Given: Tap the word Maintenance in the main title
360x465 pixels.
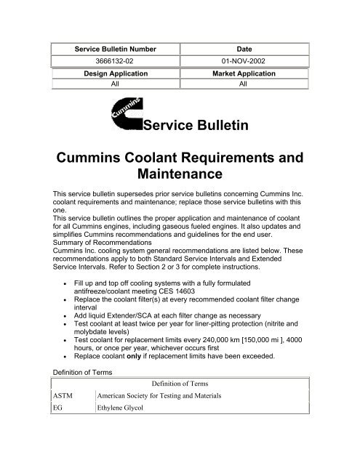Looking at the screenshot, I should click(x=179, y=174).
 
